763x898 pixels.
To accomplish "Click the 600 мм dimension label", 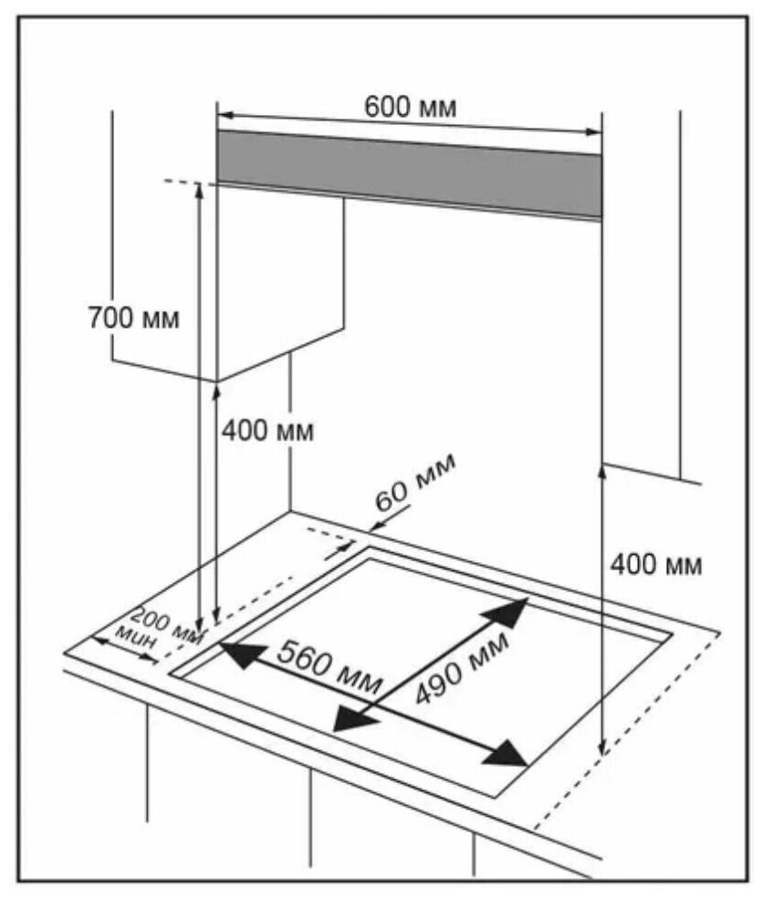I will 410,107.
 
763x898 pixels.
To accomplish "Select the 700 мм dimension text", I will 133,319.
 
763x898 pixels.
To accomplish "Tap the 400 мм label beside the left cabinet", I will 267,431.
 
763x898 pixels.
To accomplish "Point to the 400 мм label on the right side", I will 656,565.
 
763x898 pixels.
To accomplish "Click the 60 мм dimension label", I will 416,489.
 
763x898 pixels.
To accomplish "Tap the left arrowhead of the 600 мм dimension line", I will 224,115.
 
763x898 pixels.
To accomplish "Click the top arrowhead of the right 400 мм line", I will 601,471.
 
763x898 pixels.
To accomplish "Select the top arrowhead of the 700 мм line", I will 199,188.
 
